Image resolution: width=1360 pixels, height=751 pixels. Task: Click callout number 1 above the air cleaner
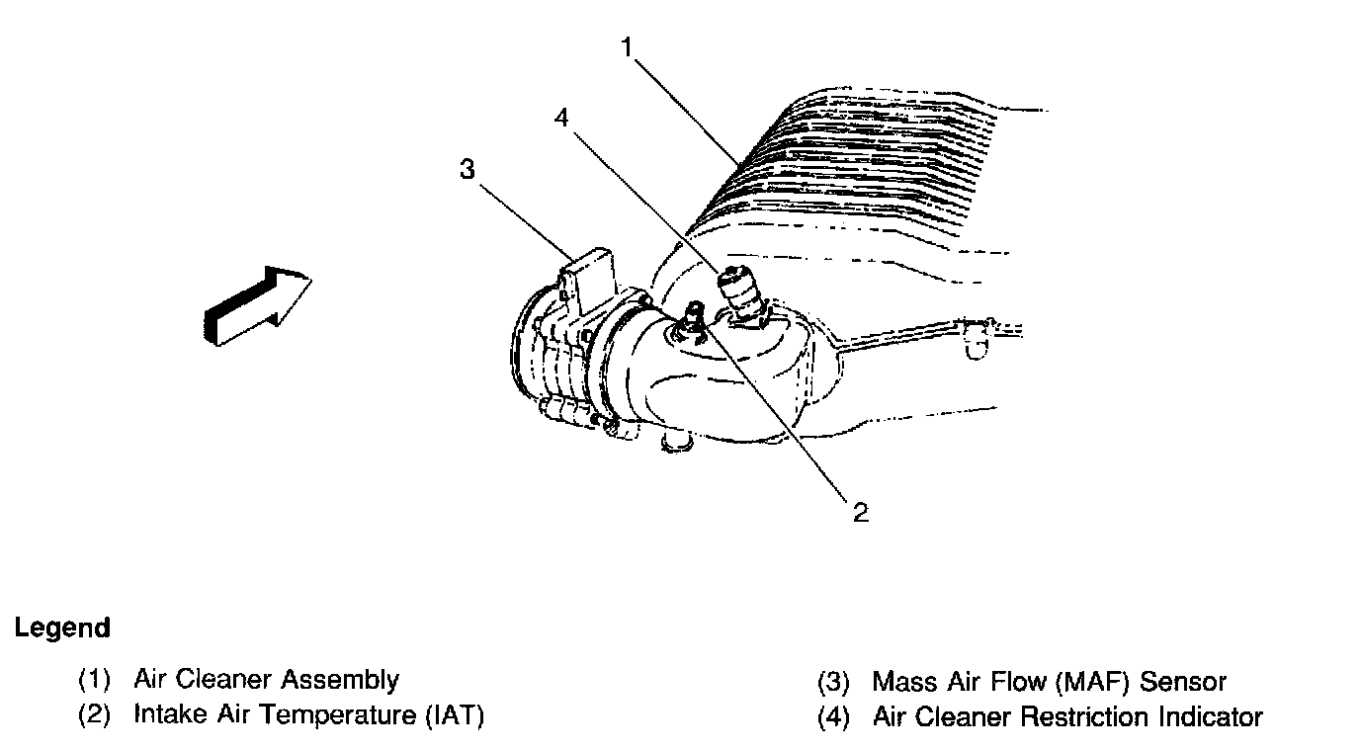(628, 46)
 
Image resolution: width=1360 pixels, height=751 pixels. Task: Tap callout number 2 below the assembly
(860, 512)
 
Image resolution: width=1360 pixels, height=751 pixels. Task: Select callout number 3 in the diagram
(467, 169)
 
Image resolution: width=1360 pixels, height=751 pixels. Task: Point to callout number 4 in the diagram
(561, 118)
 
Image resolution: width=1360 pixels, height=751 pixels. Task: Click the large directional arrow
(258, 306)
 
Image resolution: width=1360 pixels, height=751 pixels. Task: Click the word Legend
(62, 628)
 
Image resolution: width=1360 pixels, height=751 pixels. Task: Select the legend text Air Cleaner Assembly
(266, 680)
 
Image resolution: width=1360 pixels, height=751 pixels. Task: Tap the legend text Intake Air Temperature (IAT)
(308, 714)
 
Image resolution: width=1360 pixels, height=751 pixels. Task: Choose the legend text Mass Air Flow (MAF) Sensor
(1049, 682)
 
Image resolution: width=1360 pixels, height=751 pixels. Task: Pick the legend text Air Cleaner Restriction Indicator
(1067, 716)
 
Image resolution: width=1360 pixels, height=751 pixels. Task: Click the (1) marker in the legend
(95, 681)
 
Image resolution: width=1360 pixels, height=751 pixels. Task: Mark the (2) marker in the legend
(95, 715)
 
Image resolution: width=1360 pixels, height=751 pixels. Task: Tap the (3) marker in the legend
(834, 682)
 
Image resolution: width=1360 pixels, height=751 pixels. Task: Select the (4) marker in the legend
(834, 716)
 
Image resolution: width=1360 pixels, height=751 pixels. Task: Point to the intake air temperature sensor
(693, 317)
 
